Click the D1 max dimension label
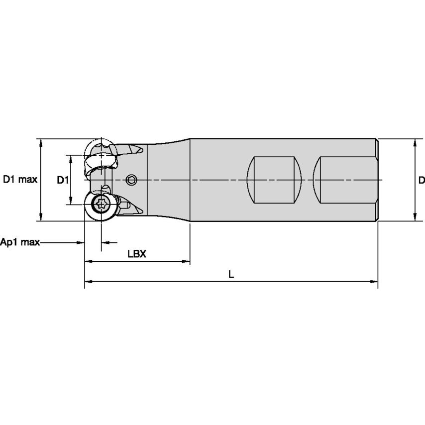(x=20, y=180)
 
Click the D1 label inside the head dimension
(x=62, y=180)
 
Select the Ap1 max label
(x=19, y=242)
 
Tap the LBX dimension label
(x=136, y=253)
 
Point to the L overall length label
(x=231, y=274)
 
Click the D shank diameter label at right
(x=421, y=180)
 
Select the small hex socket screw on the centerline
(x=131, y=180)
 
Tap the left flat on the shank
(x=275, y=180)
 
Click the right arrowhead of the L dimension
(x=375, y=282)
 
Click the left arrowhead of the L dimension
(x=88, y=282)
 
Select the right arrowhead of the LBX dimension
(x=187, y=261)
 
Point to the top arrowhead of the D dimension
(x=415, y=142)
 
